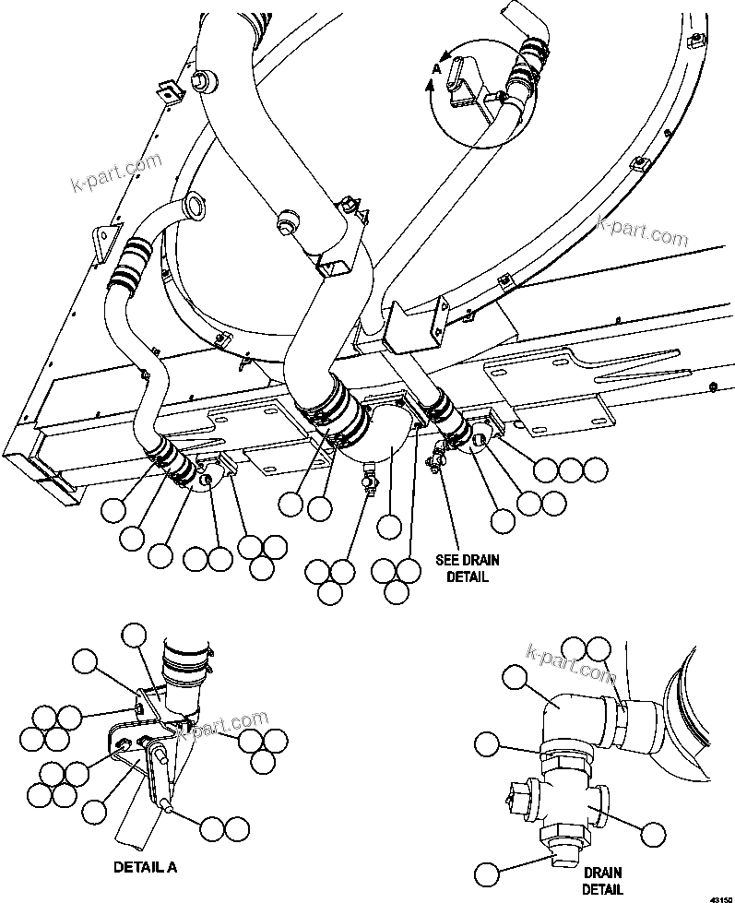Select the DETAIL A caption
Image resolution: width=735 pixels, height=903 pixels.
(x=145, y=867)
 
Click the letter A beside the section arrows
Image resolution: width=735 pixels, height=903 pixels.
(x=437, y=67)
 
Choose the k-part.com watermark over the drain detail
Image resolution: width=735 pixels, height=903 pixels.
(x=570, y=666)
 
